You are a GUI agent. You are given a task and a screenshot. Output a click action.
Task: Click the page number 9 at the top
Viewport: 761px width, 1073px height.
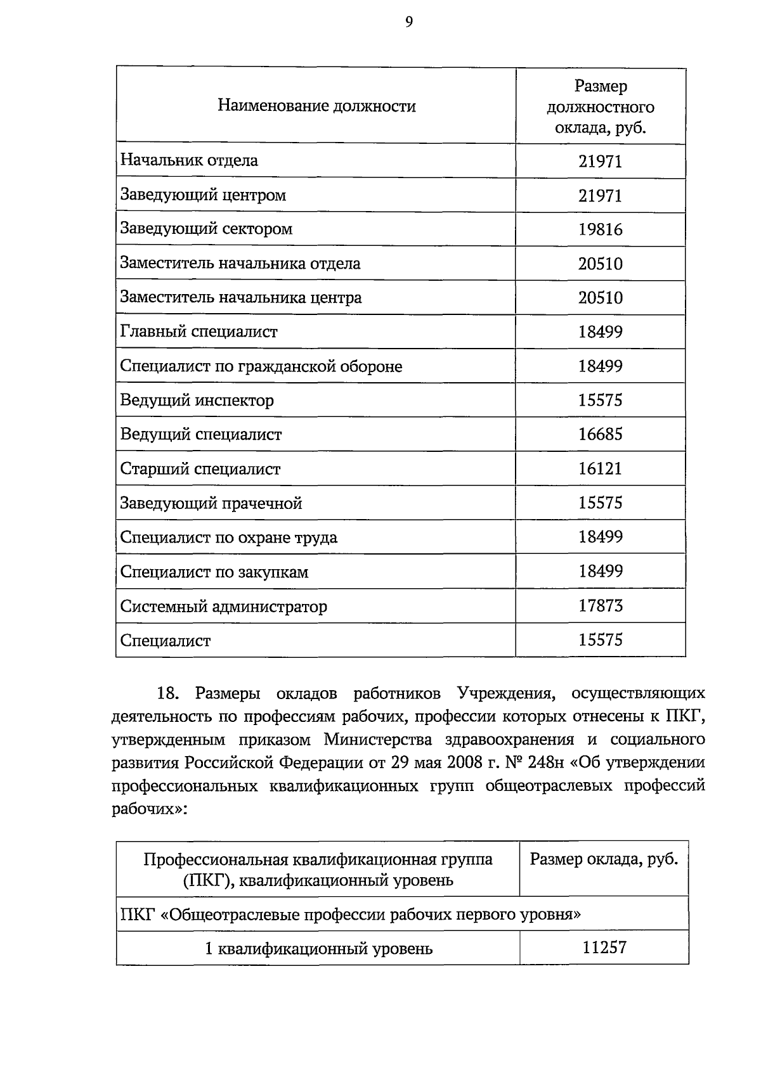pos(408,23)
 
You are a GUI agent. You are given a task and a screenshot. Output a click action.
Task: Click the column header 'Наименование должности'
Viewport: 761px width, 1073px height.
pos(316,106)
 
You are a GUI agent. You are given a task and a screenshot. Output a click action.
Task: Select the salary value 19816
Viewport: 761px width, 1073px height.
pos(600,229)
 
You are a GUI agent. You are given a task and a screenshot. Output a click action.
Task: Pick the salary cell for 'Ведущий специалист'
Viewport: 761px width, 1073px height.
pos(600,435)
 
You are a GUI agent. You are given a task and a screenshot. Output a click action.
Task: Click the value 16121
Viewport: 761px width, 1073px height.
pos(600,469)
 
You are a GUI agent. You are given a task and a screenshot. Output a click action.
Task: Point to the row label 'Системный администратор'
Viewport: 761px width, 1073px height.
pos(224,607)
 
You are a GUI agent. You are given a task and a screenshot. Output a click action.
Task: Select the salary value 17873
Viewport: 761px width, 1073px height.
pos(600,606)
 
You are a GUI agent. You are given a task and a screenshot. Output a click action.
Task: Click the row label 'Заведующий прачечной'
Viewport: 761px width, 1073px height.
pos(211,503)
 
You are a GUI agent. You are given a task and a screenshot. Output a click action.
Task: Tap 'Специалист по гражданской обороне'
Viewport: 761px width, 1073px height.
pos(261,366)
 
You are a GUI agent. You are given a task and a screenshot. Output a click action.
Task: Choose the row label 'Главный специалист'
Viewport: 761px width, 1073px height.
pos(198,331)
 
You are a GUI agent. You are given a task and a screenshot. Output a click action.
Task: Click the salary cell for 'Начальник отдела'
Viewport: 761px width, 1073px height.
pos(600,161)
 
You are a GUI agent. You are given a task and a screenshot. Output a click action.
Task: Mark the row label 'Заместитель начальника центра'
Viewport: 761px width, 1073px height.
pos(240,297)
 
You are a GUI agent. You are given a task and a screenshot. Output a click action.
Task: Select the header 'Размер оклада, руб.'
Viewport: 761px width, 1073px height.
pos(604,859)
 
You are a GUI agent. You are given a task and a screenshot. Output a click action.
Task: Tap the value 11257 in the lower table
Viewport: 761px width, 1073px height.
pos(604,948)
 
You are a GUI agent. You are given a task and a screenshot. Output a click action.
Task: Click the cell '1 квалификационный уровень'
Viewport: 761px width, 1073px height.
pos(318,949)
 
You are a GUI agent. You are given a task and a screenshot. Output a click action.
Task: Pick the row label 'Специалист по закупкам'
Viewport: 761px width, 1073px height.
pos(214,572)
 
